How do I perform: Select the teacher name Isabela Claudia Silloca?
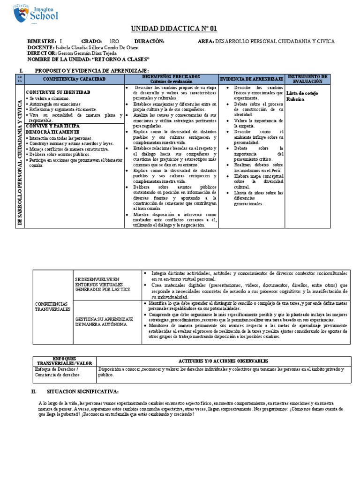point(94,47)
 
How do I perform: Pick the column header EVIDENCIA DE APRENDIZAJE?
point(251,79)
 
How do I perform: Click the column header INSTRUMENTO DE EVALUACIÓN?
point(307,79)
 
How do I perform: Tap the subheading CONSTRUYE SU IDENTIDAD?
point(58,92)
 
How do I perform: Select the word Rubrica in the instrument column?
point(295,99)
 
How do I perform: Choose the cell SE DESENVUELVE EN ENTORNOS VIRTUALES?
point(104,285)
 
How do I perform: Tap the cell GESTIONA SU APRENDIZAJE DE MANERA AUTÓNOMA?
point(105,322)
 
